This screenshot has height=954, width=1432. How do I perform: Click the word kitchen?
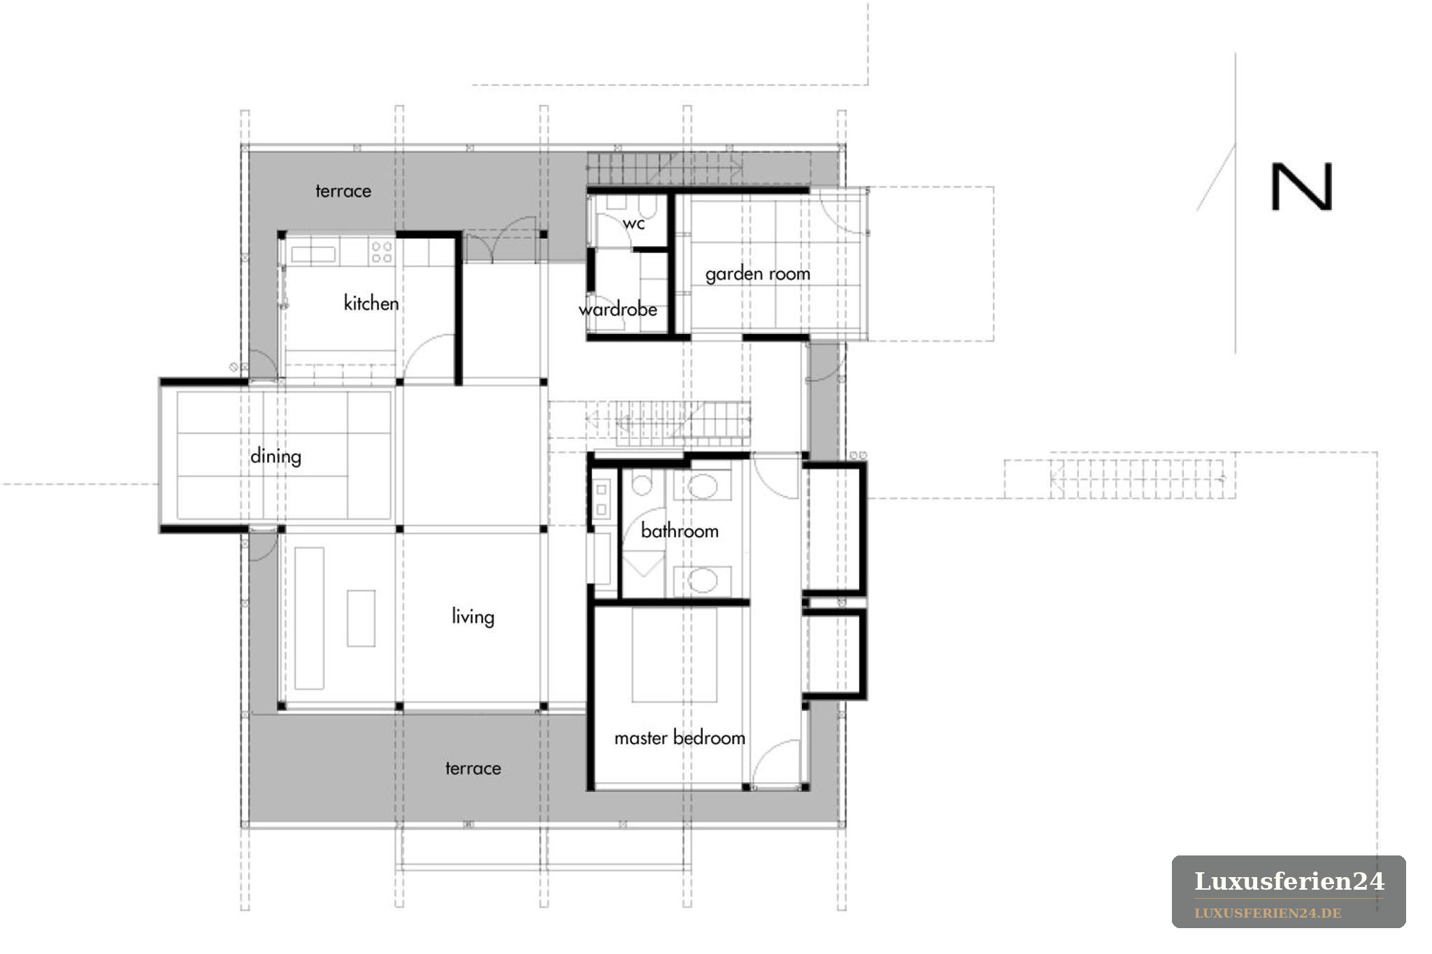tap(371, 303)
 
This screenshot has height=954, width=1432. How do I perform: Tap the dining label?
tap(275, 456)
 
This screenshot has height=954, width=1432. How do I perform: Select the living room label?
tap(473, 616)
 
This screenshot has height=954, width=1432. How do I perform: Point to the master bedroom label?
tap(680, 737)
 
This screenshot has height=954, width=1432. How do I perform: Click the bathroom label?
tap(680, 530)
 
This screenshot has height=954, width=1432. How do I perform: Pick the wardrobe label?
tap(618, 309)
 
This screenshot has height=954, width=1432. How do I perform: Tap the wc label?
tap(633, 224)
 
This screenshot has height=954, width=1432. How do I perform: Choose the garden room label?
tap(758, 273)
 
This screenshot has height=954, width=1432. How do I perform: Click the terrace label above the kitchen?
tap(343, 191)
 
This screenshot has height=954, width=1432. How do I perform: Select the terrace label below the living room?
tap(473, 768)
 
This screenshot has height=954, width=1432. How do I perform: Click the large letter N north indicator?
tap(1301, 187)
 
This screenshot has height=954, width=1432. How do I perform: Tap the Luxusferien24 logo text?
tap(1289, 881)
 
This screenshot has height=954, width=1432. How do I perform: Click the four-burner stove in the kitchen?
tap(382, 252)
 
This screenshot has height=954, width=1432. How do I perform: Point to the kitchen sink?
tap(313, 253)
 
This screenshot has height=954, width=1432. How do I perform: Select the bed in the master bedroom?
tap(674, 654)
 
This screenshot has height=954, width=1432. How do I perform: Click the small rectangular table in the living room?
tap(361, 618)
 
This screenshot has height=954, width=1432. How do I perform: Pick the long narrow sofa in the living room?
tap(309, 618)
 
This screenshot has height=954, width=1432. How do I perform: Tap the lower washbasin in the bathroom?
tap(703, 580)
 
